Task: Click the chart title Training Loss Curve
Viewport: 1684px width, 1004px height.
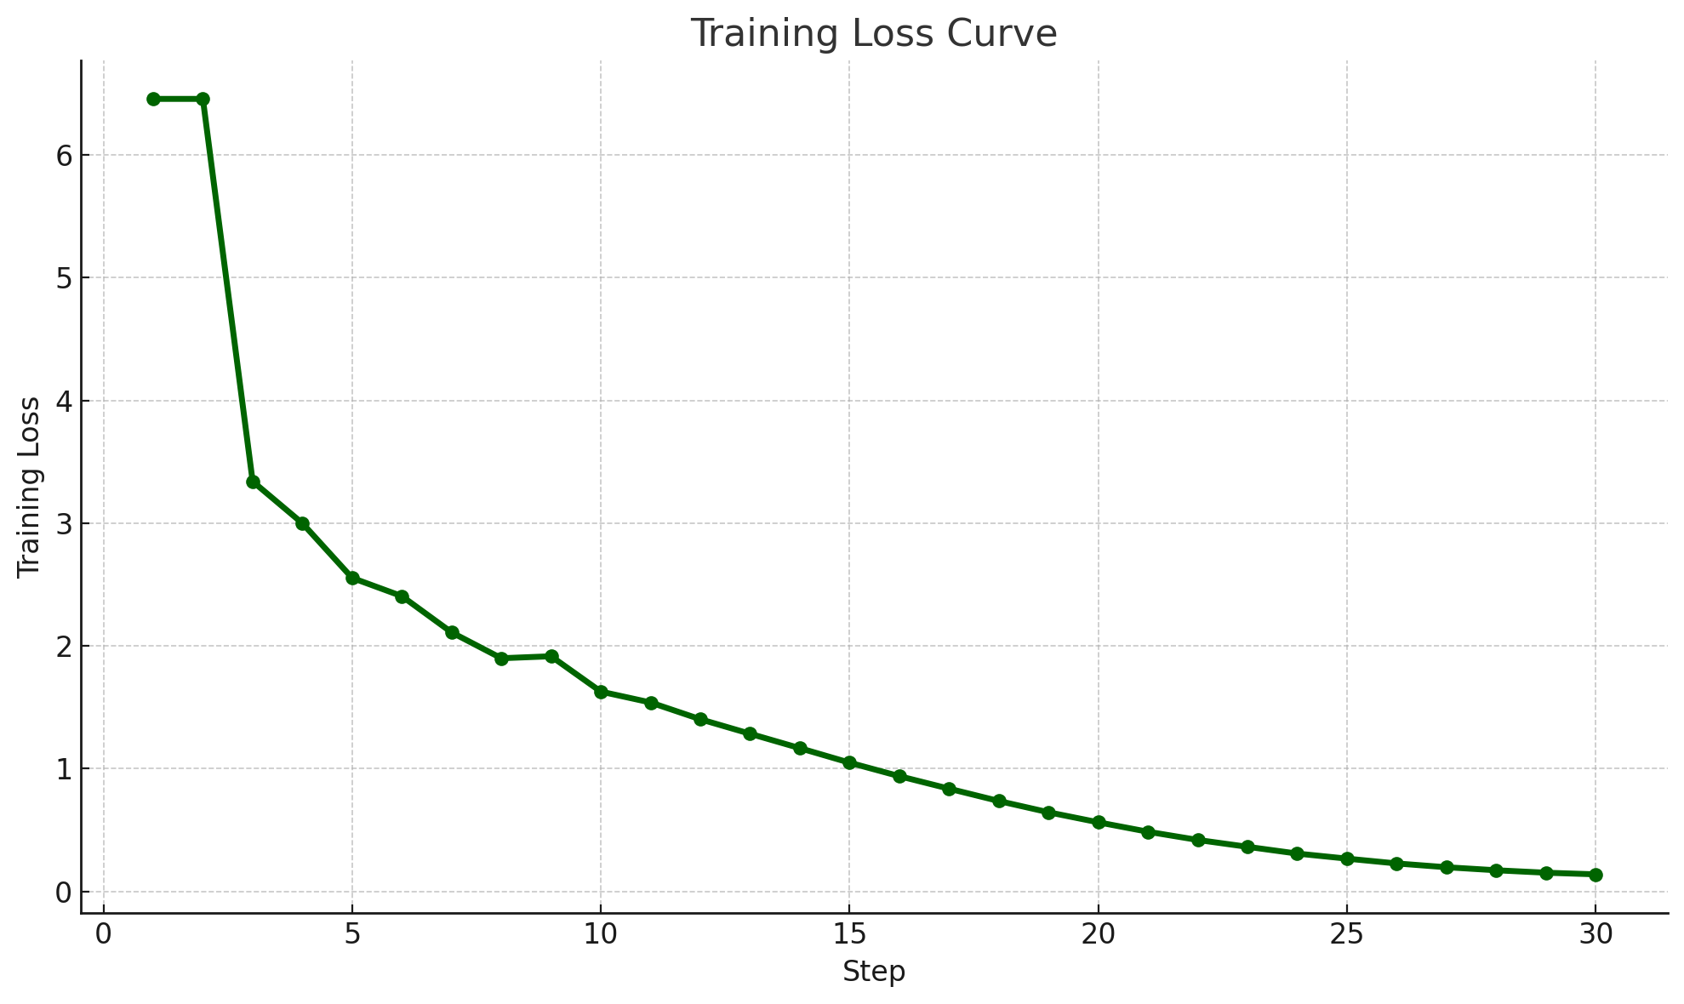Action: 873,34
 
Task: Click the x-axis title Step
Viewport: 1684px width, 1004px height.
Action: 873,972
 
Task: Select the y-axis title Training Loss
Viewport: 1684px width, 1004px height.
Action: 30,487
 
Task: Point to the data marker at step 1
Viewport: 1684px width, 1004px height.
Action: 153,99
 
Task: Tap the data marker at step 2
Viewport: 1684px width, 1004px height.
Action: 203,99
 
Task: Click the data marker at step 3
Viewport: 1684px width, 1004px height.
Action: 253,482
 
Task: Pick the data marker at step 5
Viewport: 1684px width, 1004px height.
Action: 352,578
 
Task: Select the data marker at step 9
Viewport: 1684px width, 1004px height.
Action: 551,656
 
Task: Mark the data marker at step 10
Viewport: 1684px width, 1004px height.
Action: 601,692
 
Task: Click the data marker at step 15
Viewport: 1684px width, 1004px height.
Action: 849,762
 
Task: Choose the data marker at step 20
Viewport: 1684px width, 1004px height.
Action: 1099,822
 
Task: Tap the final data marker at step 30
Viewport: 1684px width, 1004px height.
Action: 1596,875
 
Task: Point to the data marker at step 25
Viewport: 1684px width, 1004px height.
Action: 1347,859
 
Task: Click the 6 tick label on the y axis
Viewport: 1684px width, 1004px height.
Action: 62,156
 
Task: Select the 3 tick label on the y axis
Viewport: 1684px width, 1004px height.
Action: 62,524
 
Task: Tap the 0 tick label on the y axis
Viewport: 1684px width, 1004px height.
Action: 62,893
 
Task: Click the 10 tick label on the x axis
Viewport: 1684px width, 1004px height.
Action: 601,934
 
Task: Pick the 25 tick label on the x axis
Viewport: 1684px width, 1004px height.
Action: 1347,934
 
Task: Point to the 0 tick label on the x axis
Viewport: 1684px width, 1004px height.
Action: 104,934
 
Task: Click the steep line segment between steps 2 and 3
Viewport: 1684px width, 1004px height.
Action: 227,290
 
